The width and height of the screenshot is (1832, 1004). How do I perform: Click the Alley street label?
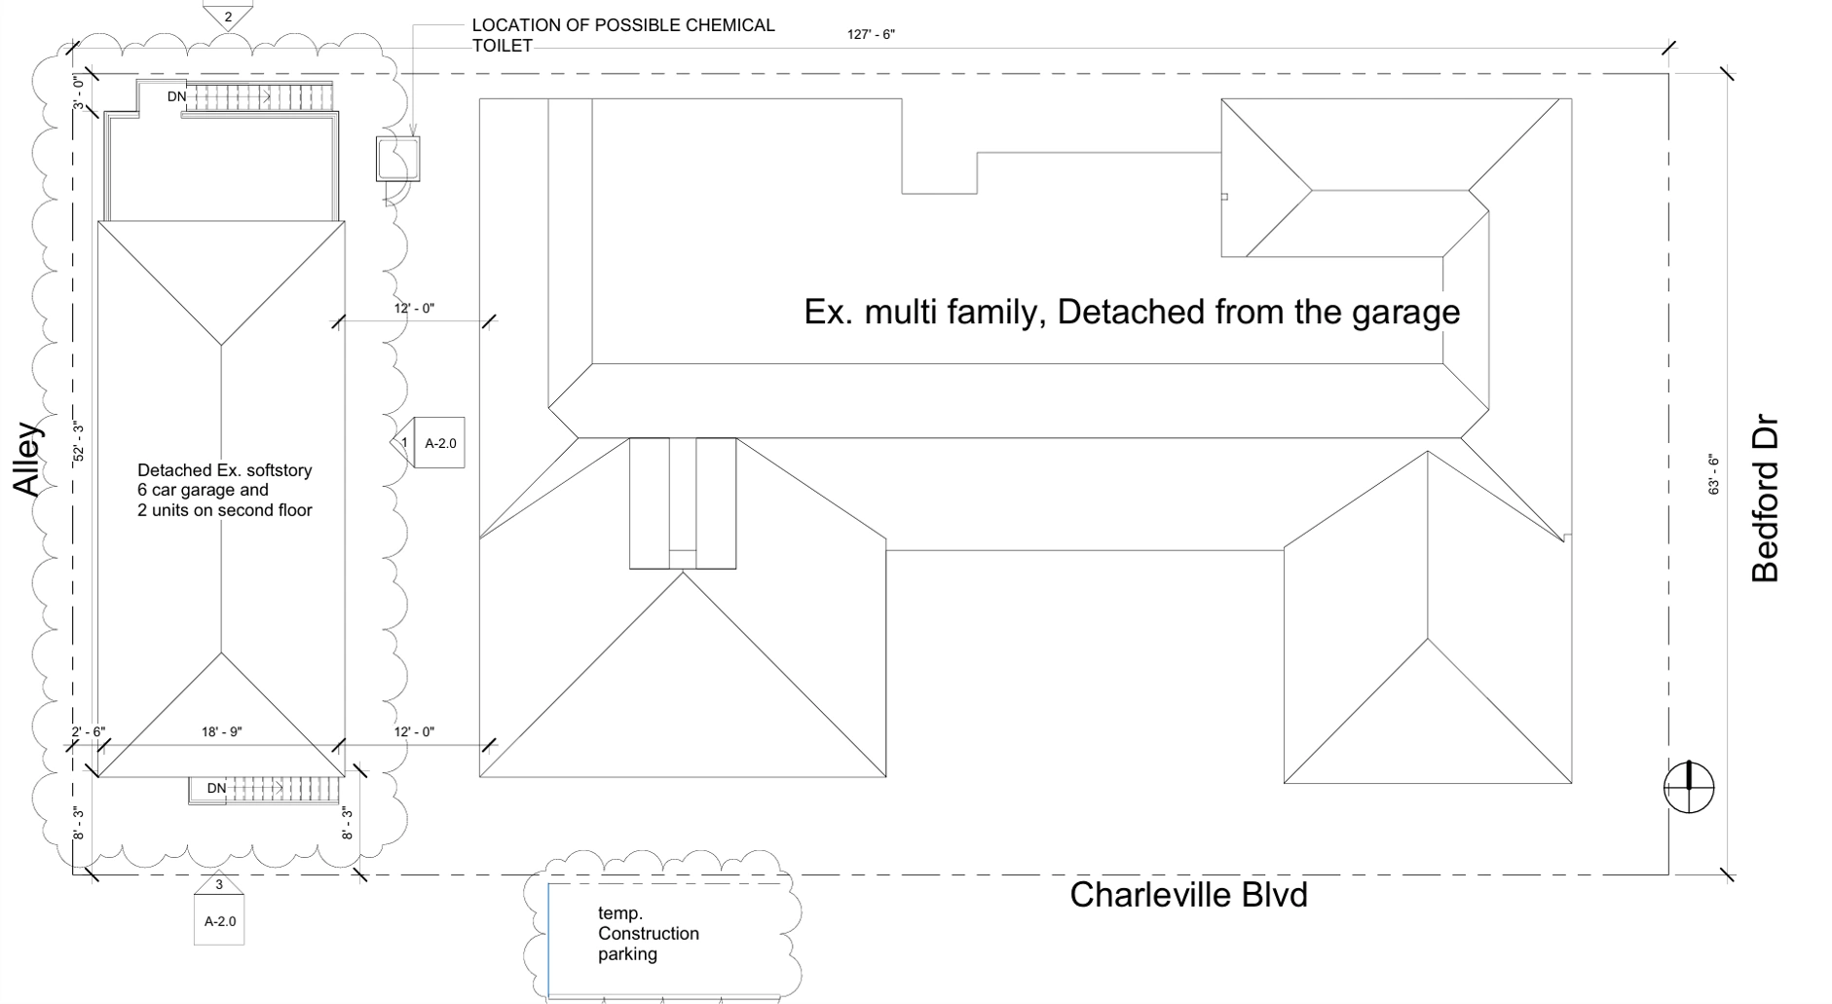point(28,459)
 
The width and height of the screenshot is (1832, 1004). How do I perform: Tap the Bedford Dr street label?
point(1765,500)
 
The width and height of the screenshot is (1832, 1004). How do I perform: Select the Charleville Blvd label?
point(1188,895)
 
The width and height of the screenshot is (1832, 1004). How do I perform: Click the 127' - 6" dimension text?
point(871,35)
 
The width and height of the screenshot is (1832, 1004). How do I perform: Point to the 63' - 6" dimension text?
point(1713,474)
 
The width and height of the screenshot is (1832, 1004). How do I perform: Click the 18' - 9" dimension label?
point(222,732)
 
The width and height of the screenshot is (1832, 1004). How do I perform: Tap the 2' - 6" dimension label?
point(88,732)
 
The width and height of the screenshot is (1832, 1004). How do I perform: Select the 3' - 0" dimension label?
point(79,93)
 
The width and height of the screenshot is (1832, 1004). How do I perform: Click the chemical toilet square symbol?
point(398,159)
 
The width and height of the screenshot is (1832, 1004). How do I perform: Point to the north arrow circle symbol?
point(1689,787)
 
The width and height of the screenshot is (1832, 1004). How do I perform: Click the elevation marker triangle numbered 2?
point(228,16)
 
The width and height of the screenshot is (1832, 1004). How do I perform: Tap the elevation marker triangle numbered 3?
point(219,883)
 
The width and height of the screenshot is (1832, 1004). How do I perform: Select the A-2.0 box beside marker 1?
point(440,443)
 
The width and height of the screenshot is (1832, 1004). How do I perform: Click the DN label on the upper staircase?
point(176,96)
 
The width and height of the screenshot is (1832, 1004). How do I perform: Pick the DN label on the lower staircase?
point(216,788)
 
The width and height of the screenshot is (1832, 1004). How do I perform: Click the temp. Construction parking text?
point(648,933)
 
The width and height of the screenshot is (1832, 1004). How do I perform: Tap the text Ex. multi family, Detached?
point(1131,312)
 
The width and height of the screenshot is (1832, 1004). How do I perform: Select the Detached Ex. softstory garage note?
point(224,490)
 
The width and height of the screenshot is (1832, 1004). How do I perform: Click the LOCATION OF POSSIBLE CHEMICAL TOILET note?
point(622,35)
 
